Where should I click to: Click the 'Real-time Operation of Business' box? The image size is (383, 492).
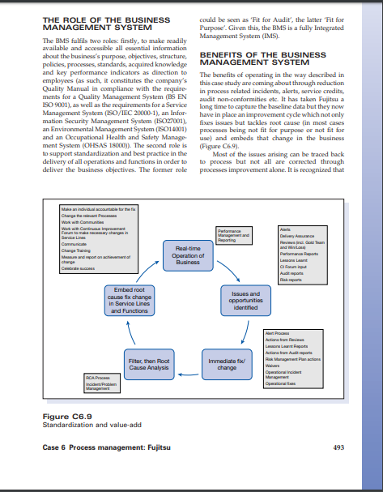pyautogui.click(x=188, y=255)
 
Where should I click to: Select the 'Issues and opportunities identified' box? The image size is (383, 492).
pyautogui.click(x=245, y=301)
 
